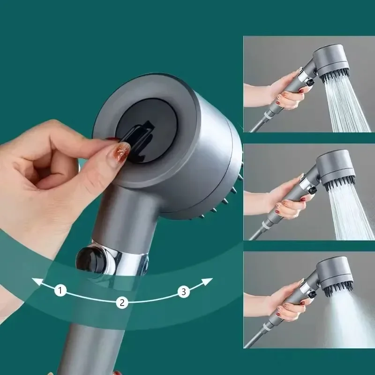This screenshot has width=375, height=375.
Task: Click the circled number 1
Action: pyautogui.click(x=60, y=291)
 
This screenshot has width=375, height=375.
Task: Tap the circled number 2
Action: pyautogui.click(x=122, y=302)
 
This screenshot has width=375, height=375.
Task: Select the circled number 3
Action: pyautogui.click(x=184, y=292)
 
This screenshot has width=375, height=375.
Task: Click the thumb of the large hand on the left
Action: pyautogui.click(x=61, y=176)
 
